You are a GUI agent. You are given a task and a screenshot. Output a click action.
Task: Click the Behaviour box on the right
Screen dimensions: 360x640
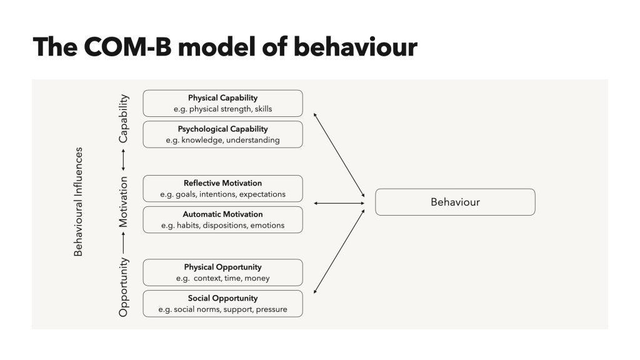coord(454,202)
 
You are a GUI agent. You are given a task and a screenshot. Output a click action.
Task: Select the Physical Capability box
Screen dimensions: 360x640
coord(222,103)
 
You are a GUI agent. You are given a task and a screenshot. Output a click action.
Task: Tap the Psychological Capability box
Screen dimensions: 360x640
coord(222,134)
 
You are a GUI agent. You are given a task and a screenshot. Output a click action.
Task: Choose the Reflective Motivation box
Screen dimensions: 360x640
coord(222,189)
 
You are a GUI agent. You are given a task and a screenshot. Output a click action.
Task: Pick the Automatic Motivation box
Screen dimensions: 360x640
coord(222,219)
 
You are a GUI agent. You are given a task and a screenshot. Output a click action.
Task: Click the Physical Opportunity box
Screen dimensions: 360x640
coord(222,272)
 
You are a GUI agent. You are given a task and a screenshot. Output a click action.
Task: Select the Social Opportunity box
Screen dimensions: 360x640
coord(222,303)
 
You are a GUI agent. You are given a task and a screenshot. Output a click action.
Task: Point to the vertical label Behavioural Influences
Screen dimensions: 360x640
coord(78,202)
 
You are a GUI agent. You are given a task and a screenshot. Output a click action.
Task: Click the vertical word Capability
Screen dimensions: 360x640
coord(124,118)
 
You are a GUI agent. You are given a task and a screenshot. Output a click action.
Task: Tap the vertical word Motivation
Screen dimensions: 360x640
coord(124,201)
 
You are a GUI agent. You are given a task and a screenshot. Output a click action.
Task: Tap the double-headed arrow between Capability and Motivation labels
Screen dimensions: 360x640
coord(124,161)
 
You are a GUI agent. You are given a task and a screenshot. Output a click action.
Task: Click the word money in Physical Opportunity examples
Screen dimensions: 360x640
coord(257,278)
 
